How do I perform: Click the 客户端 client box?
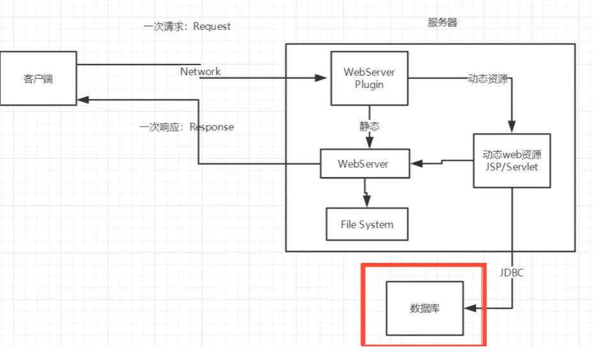pos(38,79)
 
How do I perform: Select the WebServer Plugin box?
pos(369,78)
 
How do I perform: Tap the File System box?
pos(367,224)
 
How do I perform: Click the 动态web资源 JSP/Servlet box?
pos(512,160)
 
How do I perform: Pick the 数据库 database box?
pos(425,308)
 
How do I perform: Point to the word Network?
pos(200,71)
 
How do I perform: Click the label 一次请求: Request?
pos(187,27)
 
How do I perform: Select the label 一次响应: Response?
pos(187,127)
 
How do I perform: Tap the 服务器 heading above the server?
pos(442,23)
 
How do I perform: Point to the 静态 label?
pos(369,126)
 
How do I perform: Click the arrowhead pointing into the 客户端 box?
pos(82,100)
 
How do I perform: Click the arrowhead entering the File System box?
pos(367,203)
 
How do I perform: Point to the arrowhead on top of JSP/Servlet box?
pos(511,128)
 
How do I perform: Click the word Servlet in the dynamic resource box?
pos(524,167)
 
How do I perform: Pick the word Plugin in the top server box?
pos(369,85)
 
